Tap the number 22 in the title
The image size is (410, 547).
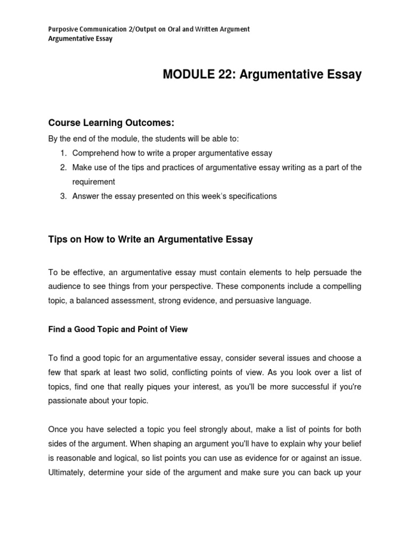click(x=227, y=75)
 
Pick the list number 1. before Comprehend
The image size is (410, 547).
click(x=64, y=153)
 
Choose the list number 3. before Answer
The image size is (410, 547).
click(x=64, y=196)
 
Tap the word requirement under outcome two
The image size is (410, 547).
click(x=93, y=182)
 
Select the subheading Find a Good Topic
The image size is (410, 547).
click(x=117, y=329)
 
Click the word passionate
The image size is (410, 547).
click(x=69, y=400)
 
